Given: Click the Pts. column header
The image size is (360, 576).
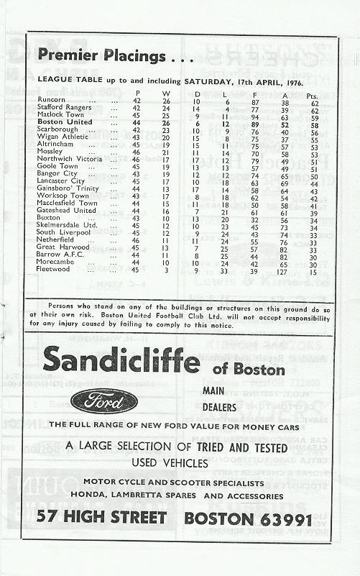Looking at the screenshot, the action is [x=314, y=93].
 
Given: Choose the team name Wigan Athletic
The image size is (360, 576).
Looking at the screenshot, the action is [x=60, y=137].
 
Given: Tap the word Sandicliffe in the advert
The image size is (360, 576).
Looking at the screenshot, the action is [x=120, y=359].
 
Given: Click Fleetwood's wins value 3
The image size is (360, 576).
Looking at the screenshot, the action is [x=166, y=270].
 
